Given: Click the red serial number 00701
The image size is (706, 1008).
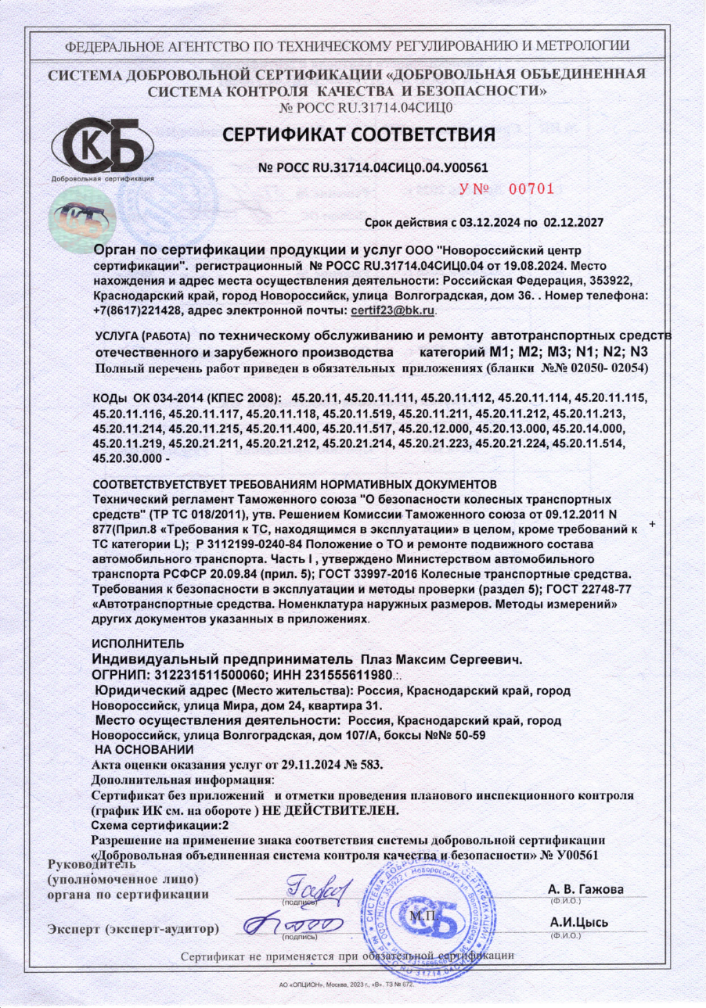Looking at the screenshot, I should [x=531, y=188].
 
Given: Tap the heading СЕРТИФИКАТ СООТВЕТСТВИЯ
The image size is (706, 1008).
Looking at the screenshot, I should [x=359, y=135].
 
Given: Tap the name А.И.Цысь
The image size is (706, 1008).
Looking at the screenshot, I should [x=579, y=922].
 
